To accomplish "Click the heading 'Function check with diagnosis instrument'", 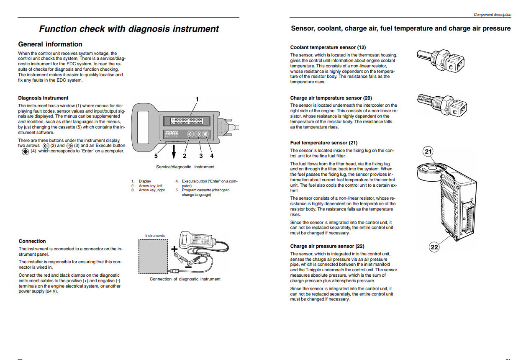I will pos(129,29).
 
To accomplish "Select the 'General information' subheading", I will pos(50,44).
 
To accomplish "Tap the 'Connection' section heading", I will pos(32,241).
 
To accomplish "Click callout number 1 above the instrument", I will pos(197,99).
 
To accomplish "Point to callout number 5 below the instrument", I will pos(156,156).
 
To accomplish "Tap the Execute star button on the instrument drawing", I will pos(205,134).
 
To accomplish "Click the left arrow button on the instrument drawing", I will pos(190,134).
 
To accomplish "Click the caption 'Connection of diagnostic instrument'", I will pos(185,279).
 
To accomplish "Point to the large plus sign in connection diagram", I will pos(174,249).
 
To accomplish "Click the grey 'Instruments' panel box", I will pos(154,257).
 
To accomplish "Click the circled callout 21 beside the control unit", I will pos(428,152).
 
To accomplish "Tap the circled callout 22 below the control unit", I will pos(434,247).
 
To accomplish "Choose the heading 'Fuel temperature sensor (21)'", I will pos(324,143).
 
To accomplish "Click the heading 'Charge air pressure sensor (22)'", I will pos(327,246).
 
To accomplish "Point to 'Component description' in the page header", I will pos(492,15).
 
